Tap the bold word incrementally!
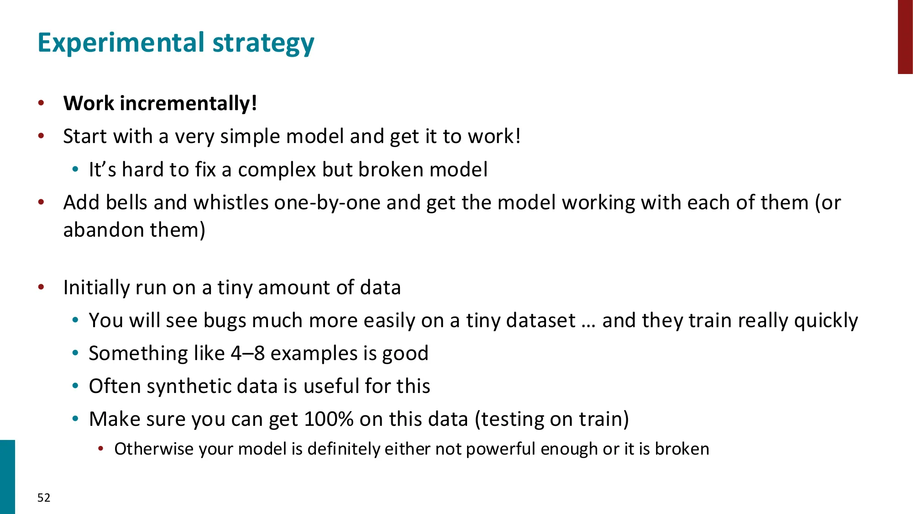(189, 103)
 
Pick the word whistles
(231, 202)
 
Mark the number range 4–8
(247, 353)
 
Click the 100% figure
(329, 419)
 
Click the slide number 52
(44, 498)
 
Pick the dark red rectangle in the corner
(905, 37)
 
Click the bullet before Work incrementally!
(41, 103)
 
